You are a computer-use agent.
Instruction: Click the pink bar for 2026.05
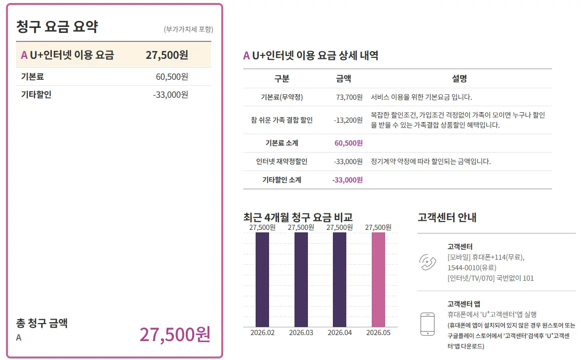point(378,280)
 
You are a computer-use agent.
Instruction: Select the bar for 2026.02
point(262,280)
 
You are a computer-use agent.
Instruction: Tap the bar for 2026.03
point(301,280)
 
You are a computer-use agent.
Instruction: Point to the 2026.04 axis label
point(340,333)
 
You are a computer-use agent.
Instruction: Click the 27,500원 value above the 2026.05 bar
point(378,227)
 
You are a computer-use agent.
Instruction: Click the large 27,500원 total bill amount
point(175,334)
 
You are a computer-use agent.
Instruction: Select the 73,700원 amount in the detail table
point(349,97)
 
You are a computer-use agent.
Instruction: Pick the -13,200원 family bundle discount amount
point(348,120)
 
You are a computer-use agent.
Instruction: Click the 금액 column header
point(343,79)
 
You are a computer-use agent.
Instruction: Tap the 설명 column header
point(459,79)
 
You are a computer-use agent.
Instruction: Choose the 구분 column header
point(282,79)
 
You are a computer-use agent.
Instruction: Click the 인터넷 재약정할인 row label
point(282,162)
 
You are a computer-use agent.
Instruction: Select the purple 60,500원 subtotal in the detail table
point(349,143)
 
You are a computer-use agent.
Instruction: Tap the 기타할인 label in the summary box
point(36,95)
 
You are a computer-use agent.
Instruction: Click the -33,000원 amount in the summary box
point(170,95)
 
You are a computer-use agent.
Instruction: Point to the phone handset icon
point(428,262)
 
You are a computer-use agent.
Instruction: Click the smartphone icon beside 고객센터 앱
point(428,324)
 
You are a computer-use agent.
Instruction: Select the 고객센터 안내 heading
point(447,217)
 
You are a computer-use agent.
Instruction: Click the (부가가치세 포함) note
point(189,29)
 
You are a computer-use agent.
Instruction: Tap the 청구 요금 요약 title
point(57,26)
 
